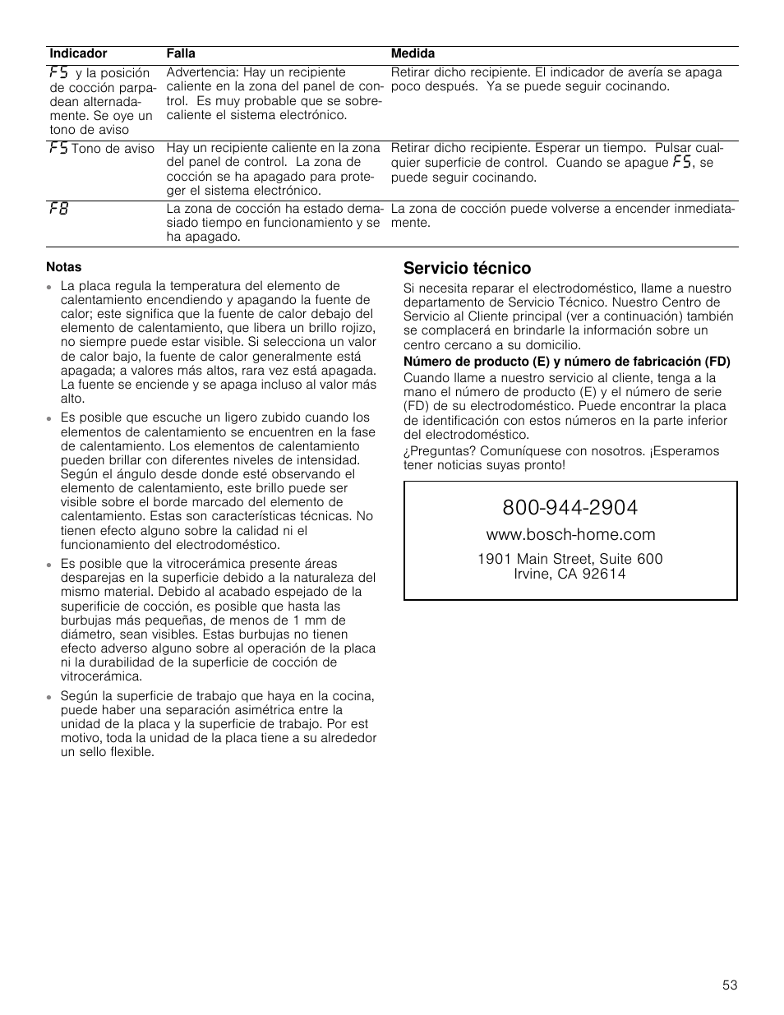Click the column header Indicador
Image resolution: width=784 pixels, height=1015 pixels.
click(78, 53)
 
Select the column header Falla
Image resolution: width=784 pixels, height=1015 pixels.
click(181, 53)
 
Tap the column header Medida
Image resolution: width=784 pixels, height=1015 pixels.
click(413, 53)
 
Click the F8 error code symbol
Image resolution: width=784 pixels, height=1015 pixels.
click(58, 209)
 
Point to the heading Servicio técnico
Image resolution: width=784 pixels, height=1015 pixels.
click(467, 268)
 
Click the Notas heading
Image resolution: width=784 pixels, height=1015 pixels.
click(64, 266)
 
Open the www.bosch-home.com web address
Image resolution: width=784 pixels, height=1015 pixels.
click(570, 535)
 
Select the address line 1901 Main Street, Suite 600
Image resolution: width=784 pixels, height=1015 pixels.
click(570, 559)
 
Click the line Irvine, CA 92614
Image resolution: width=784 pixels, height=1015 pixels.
click(570, 574)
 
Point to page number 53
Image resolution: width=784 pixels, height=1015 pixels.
click(731, 985)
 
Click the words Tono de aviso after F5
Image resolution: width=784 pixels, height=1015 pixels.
click(113, 149)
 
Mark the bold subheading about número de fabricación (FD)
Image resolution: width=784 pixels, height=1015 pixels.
click(566, 362)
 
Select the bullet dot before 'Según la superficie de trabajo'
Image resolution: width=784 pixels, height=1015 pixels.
click(51, 697)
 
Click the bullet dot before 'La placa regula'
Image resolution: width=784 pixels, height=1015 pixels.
click(51, 287)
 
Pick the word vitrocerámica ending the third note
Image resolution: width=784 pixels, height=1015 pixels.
click(101, 676)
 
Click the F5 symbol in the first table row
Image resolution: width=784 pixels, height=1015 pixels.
click(58, 72)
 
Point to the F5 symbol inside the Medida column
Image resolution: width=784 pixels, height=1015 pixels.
click(680, 162)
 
